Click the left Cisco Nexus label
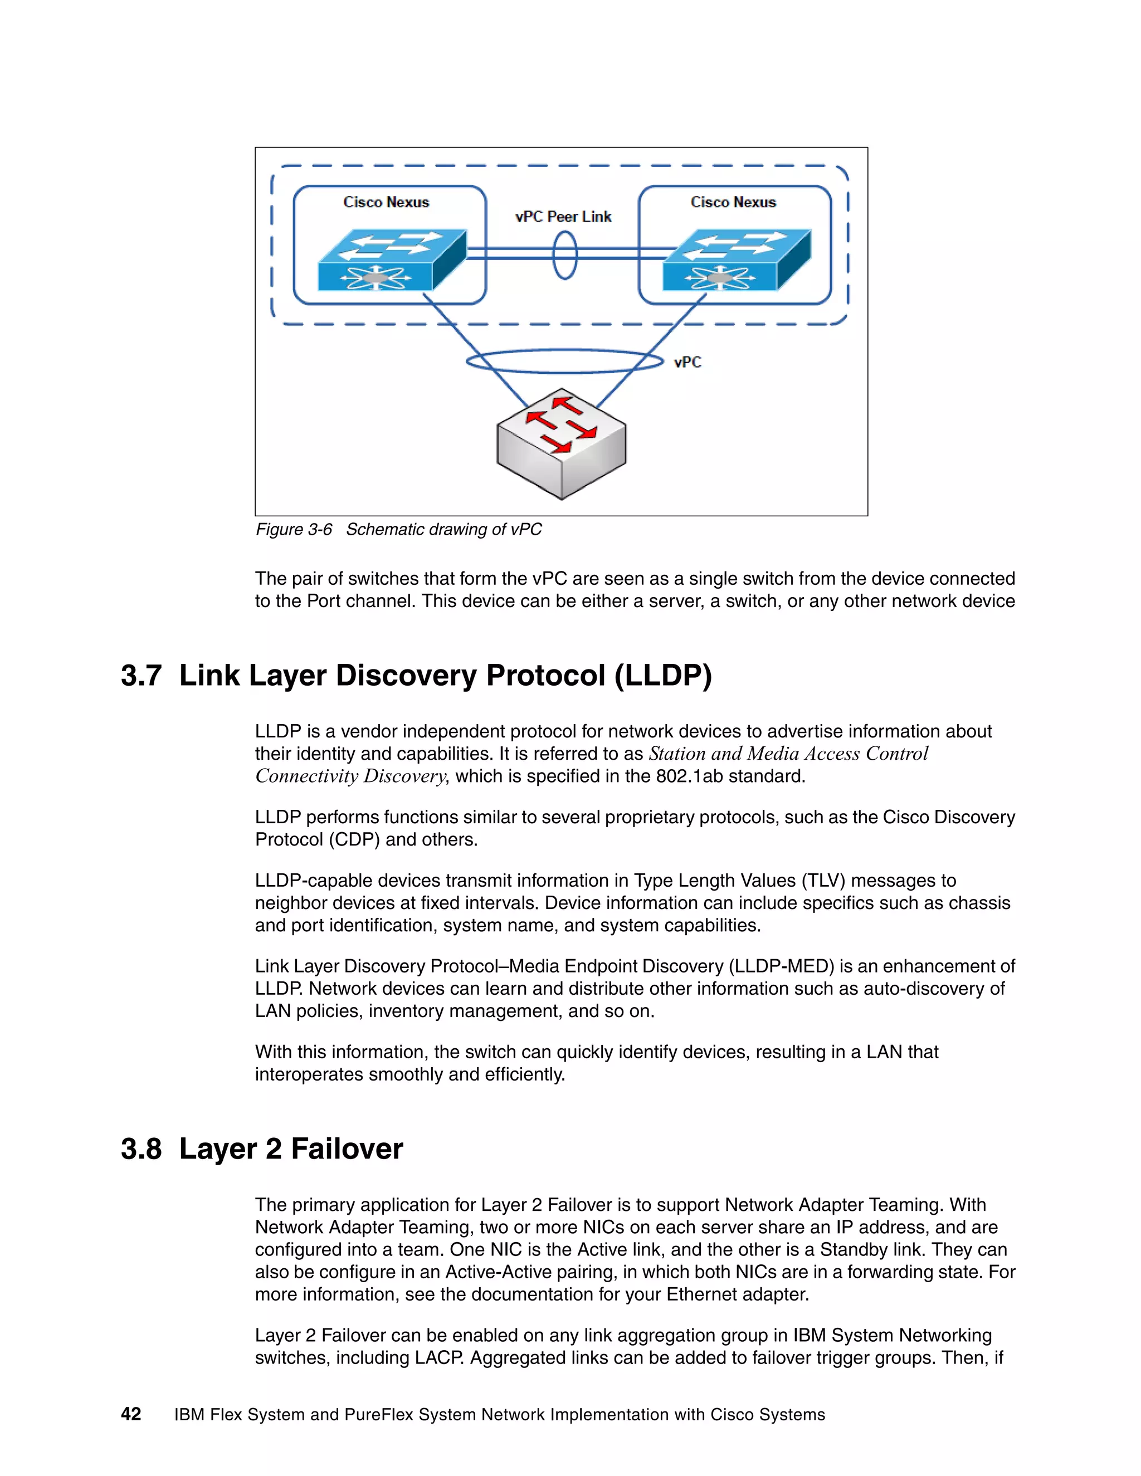(x=386, y=202)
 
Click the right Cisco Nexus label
(x=733, y=202)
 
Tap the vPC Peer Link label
(x=563, y=217)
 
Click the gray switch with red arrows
(x=561, y=443)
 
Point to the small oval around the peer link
(x=565, y=255)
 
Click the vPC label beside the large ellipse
(x=687, y=362)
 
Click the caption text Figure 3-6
(x=294, y=529)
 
